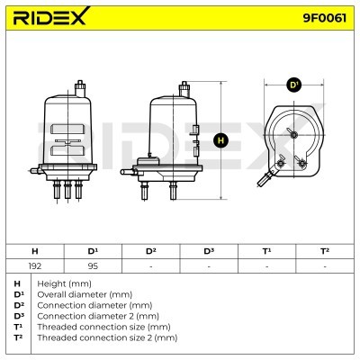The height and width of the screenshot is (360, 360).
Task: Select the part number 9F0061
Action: point(324,18)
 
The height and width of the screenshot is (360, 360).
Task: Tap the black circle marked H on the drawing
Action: point(221,140)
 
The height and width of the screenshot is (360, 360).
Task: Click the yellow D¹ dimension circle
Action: point(293,85)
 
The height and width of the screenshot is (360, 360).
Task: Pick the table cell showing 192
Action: point(35,266)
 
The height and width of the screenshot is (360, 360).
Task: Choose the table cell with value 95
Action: point(93,266)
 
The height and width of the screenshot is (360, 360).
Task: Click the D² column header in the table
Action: point(151,251)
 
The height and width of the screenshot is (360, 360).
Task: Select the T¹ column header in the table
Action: point(266,251)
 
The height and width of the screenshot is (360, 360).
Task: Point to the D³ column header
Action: point(209,251)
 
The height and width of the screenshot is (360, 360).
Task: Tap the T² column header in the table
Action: point(325,251)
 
